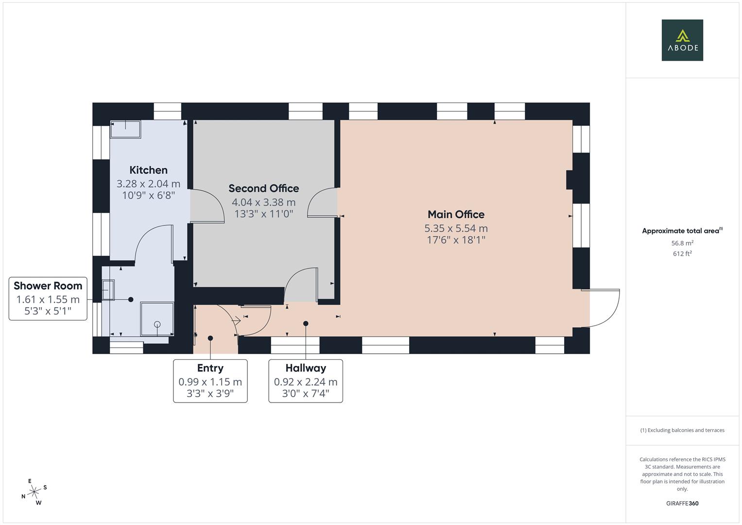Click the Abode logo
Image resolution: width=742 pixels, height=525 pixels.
click(682, 40)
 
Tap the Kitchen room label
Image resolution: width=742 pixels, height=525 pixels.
click(148, 170)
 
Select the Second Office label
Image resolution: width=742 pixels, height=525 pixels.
click(263, 188)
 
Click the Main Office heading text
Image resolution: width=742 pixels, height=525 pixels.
click(456, 214)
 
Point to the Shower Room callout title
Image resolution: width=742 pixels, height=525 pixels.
click(48, 286)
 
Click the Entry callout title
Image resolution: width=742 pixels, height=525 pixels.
click(210, 368)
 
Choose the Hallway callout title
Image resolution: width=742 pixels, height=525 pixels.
click(306, 368)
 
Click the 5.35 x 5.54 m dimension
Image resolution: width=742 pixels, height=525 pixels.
click(456, 228)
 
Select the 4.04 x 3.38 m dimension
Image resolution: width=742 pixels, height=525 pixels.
click(263, 202)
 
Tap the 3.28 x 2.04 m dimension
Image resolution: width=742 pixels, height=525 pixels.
click(148, 184)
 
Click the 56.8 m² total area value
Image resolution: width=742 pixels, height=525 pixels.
click(682, 243)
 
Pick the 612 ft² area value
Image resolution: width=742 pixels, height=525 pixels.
click(682, 254)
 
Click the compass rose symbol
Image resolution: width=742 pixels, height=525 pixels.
click(34, 492)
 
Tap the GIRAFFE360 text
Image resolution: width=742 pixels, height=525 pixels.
click(682, 504)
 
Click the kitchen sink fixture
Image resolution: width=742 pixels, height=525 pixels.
click(125, 129)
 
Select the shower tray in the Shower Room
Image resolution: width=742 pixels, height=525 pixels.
click(157, 319)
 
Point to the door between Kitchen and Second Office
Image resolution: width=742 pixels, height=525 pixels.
click(207, 206)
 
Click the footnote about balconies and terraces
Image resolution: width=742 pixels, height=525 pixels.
click(682, 430)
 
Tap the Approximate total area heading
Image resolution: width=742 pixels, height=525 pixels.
click(682, 231)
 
